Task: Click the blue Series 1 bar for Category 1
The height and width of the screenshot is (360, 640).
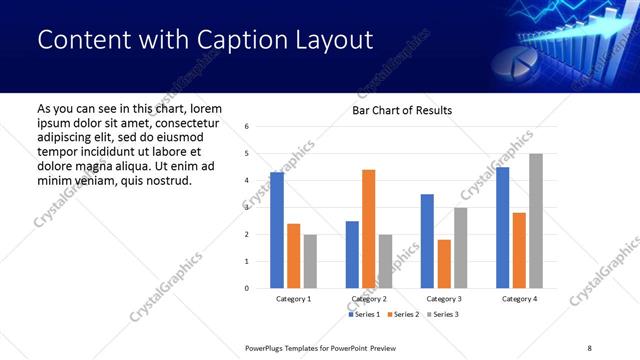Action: [277, 230]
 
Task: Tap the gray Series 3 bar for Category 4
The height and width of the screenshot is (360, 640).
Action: [536, 221]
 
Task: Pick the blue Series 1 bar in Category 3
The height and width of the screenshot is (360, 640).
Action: [427, 241]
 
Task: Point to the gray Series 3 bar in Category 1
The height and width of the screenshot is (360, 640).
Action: [310, 261]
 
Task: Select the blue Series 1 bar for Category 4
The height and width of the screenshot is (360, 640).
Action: [503, 227]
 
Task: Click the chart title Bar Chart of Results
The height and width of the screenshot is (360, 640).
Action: [402, 110]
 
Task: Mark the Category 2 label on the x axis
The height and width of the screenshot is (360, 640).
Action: [369, 299]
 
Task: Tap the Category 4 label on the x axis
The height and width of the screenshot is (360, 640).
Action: [519, 299]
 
